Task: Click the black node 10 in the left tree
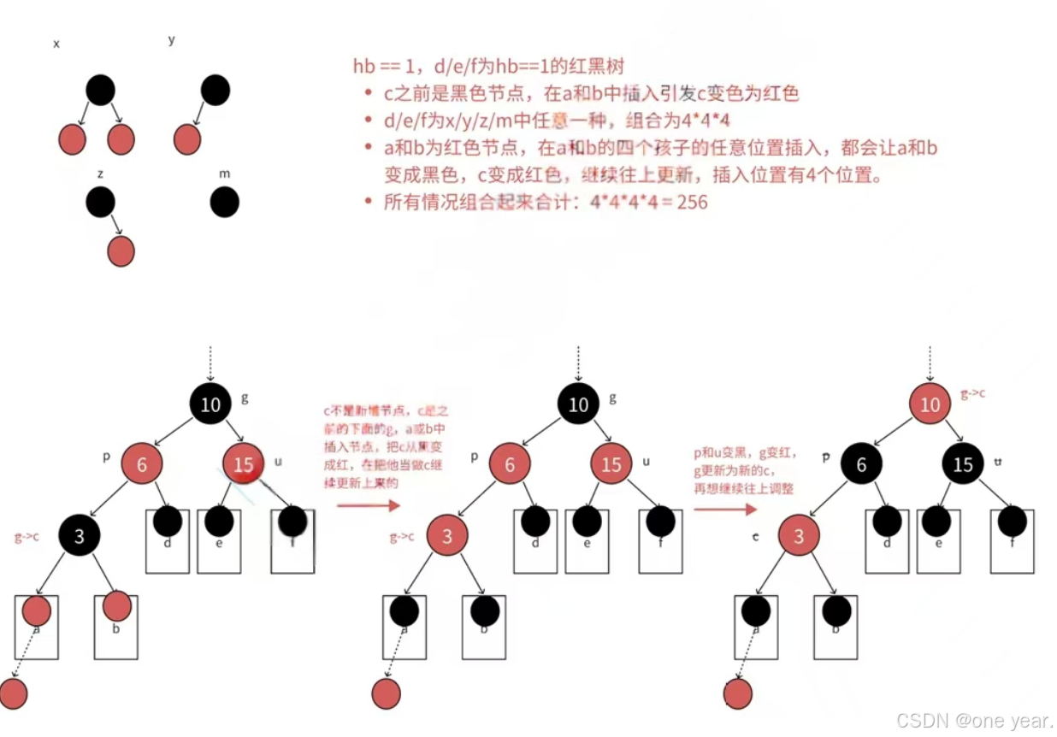tap(210, 404)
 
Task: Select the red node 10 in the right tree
tap(930, 404)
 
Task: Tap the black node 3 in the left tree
tap(80, 536)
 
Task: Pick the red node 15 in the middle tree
tap(611, 464)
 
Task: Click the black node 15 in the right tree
tap(963, 464)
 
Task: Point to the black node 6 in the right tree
tap(861, 464)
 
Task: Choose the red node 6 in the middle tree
tap(510, 464)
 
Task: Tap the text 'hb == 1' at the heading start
tap(381, 67)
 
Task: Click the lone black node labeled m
tap(224, 203)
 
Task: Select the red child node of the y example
tap(187, 139)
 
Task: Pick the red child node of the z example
tap(121, 251)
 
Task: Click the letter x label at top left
tap(56, 44)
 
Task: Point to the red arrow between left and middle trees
tap(369, 506)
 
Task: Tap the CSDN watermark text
tap(974, 721)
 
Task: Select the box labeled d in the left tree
tap(168, 542)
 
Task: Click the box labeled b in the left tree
tap(116, 628)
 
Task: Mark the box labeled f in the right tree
tap(1013, 542)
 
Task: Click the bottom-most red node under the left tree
tap(14, 693)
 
